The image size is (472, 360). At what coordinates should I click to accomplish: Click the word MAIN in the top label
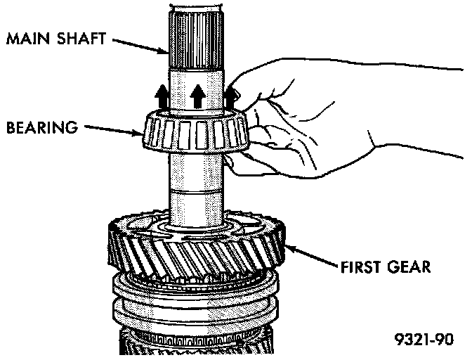[25, 39]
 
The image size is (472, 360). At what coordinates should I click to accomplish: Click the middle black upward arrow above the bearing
[198, 95]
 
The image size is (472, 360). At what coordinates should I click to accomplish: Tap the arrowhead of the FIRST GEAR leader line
[287, 246]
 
